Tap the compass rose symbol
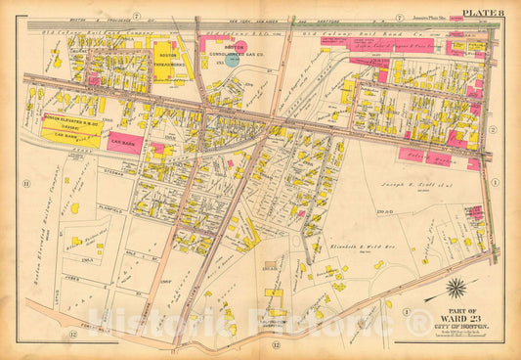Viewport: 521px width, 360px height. pyautogui.click(x=456, y=289)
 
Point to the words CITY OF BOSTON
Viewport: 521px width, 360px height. pyautogui.click(x=456, y=326)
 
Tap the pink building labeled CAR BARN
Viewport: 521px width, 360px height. pyautogui.click(x=124, y=141)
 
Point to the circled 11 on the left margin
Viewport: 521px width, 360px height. pyautogui.click(x=26, y=183)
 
